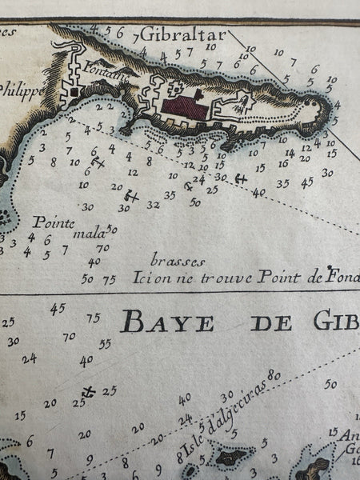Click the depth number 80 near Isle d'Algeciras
click(x=276, y=374)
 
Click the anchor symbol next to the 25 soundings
click(x=89, y=391)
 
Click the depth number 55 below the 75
click(x=104, y=344)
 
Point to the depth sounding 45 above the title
click(x=58, y=308)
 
